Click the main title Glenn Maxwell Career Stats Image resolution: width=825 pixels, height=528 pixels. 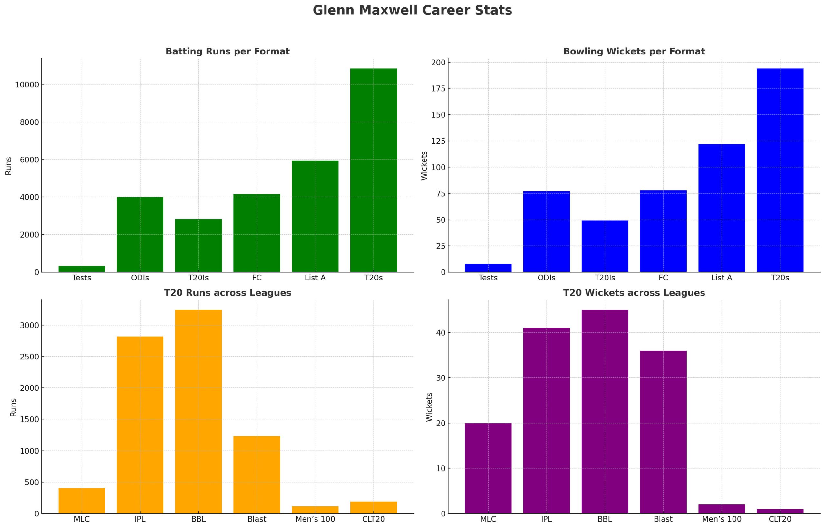point(412,10)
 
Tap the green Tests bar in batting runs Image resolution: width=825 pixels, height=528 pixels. point(82,269)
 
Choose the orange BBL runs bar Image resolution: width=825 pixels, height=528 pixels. point(198,411)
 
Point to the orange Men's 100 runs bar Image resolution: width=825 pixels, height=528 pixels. point(315,510)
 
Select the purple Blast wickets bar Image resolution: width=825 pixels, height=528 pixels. point(663,432)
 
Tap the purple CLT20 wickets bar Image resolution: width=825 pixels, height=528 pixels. point(780,511)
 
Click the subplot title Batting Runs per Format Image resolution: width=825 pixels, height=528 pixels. point(227,52)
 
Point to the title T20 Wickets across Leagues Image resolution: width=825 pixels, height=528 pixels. point(634,293)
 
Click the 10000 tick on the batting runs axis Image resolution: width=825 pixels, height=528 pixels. point(27,85)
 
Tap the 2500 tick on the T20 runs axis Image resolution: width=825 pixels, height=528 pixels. point(29,357)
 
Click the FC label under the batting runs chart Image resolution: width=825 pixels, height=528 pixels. point(257,278)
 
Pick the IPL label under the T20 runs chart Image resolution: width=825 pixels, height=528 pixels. point(140,519)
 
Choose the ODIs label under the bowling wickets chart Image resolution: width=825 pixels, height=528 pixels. point(546,278)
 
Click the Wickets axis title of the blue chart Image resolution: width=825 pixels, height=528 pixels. point(424,165)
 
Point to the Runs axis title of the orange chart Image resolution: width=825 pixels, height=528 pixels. point(13,407)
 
